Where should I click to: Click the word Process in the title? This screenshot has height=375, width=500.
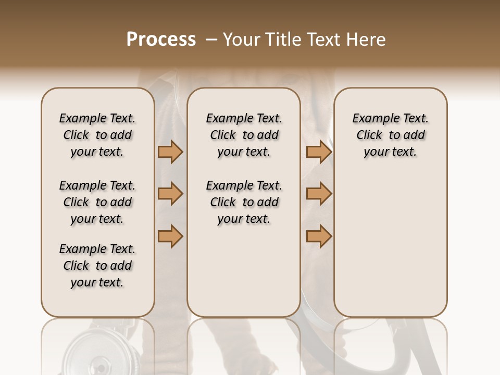tap(161, 40)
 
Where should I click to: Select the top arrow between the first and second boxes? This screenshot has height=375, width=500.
tap(170, 152)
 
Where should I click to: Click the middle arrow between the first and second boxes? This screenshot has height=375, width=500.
tap(170, 194)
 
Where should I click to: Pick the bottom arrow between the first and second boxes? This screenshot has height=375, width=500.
tap(170, 236)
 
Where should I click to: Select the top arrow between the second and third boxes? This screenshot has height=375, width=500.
tap(319, 152)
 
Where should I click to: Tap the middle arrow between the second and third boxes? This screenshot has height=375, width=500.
tap(319, 194)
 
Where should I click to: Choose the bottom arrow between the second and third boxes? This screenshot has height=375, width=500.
tap(319, 236)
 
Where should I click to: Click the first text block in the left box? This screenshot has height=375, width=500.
tap(97, 135)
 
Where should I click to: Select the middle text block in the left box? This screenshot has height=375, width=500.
tap(97, 202)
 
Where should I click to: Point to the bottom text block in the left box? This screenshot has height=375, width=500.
tap(97, 266)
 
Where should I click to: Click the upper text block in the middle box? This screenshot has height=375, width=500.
tap(244, 135)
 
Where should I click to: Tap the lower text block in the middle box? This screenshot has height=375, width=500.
tap(244, 202)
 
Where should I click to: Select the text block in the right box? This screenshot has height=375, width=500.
tap(390, 135)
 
